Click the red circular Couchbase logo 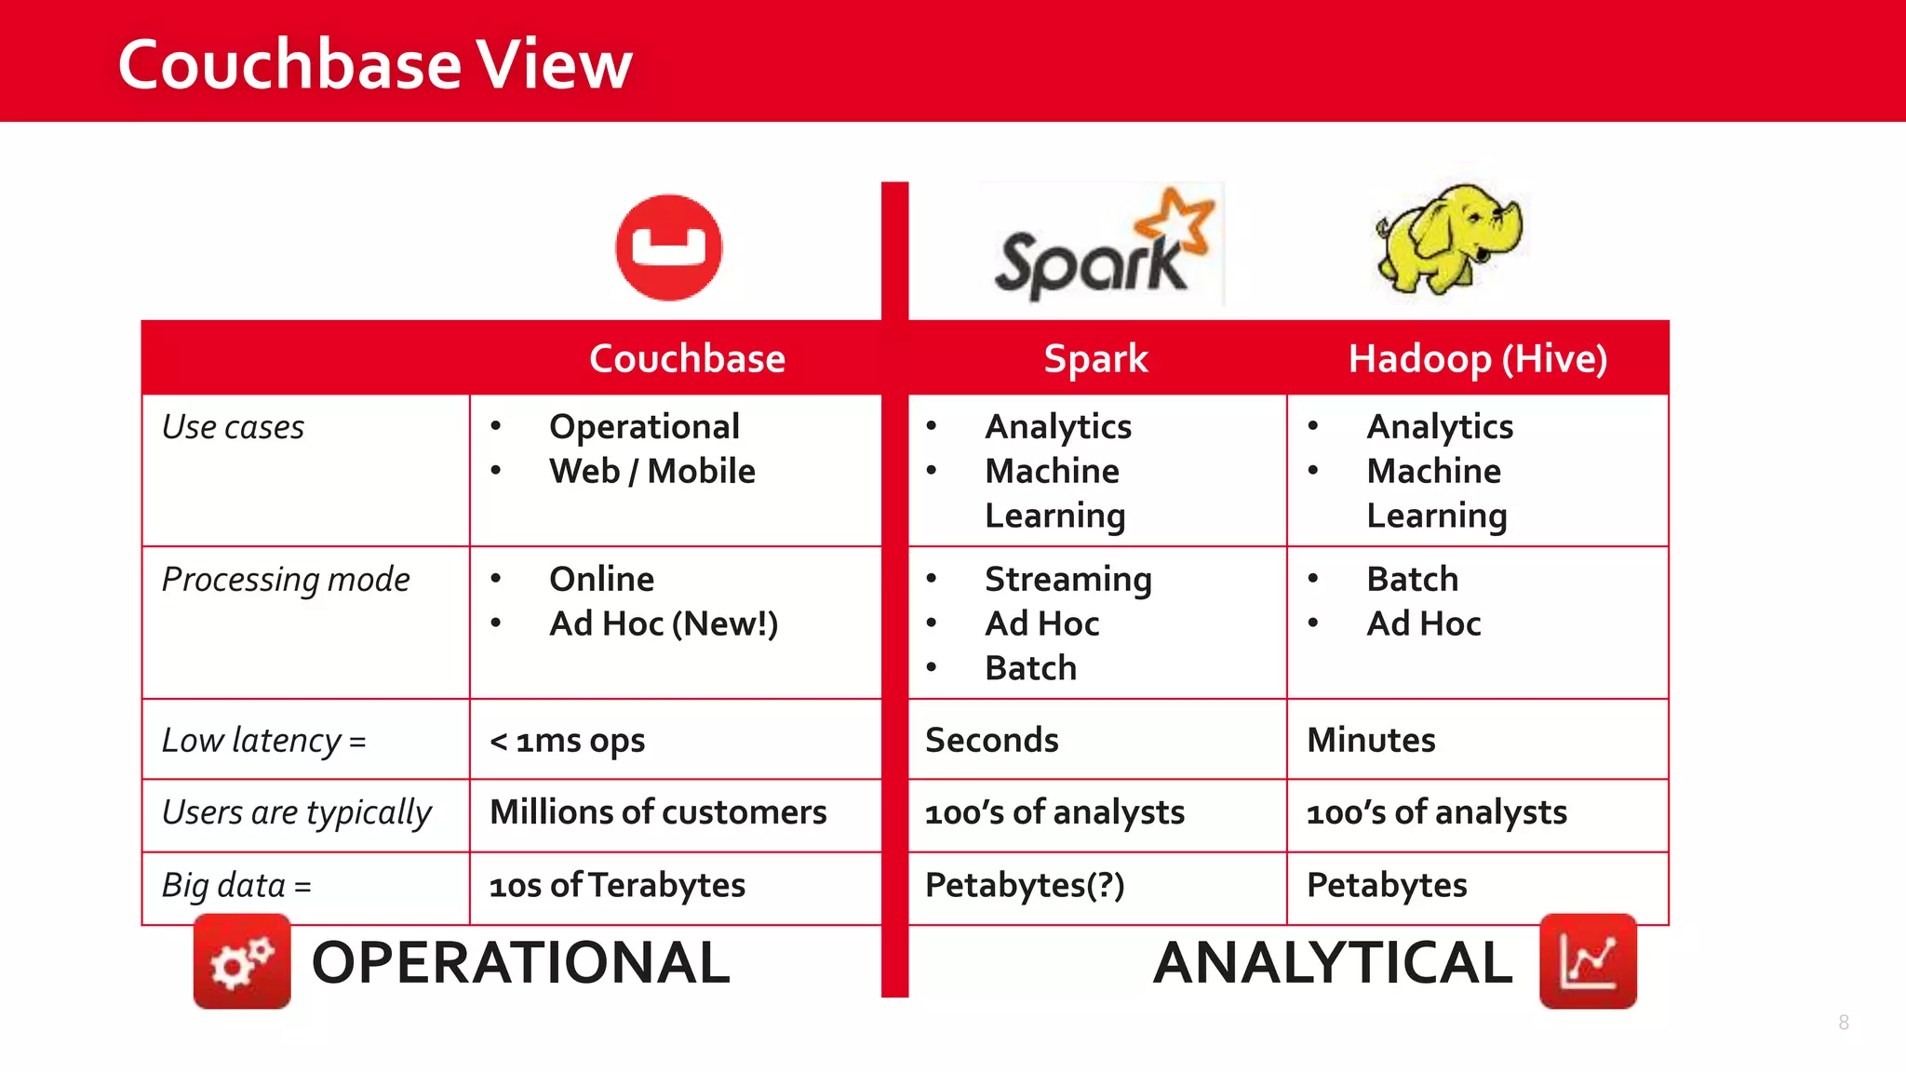coord(668,248)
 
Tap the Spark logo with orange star coord(1102,246)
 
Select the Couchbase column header coord(687,358)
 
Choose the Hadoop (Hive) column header coord(1477,358)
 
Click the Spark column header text coord(1095,358)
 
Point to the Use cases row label coord(233,427)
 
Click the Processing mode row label coord(285,580)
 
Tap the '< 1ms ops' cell coord(567,741)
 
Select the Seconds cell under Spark coord(991,741)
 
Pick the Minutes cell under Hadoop coord(1371,741)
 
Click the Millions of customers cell coord(658,812)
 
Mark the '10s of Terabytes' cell coord(617,885)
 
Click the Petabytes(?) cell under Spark coord(1025,885)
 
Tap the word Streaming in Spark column coord(1067,580)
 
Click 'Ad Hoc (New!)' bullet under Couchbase coord(663,623)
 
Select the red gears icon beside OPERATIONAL coord(242,961)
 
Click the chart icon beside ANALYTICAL coord(1588,961)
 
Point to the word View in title coord(555,65)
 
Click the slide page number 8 coord(1844,1023)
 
